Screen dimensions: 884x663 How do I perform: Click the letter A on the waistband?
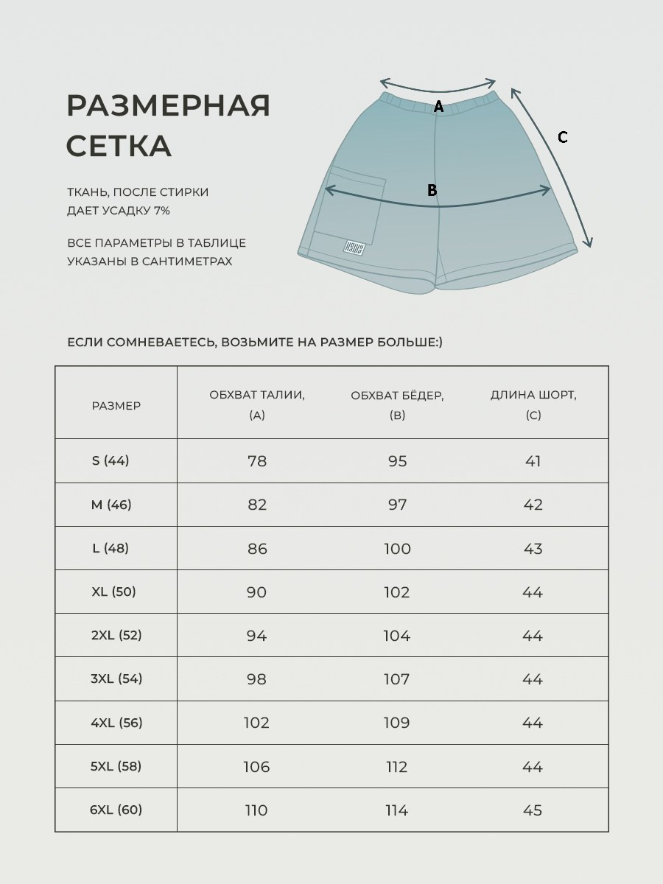[438, 107]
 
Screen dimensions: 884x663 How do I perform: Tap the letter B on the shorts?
[432, 190]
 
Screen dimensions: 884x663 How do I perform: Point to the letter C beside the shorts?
[563, 137]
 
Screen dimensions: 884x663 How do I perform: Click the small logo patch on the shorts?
[354, 248]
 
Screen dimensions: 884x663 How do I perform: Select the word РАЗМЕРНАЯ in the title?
[169, 106]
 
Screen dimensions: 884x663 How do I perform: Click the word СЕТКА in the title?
[119, 146]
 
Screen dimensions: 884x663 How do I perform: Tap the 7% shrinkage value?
[162, 211]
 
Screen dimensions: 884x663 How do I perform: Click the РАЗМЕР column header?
[116, 405]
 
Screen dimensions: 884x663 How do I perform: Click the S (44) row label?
[110, 460]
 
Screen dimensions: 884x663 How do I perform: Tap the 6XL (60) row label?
[116, 810]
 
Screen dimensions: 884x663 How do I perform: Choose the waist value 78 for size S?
[257, 461]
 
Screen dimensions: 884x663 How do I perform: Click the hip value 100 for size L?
[397, 549]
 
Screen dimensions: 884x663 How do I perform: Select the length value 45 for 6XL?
[533, 810]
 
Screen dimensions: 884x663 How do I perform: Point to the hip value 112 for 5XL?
[396, 767]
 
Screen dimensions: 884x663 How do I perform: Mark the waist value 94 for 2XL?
[257, 636]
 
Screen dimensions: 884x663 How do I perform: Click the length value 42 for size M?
[533, 505]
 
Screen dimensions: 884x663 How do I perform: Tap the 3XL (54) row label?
[116, 678]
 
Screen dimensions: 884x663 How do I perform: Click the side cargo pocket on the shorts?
[354, 206]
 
